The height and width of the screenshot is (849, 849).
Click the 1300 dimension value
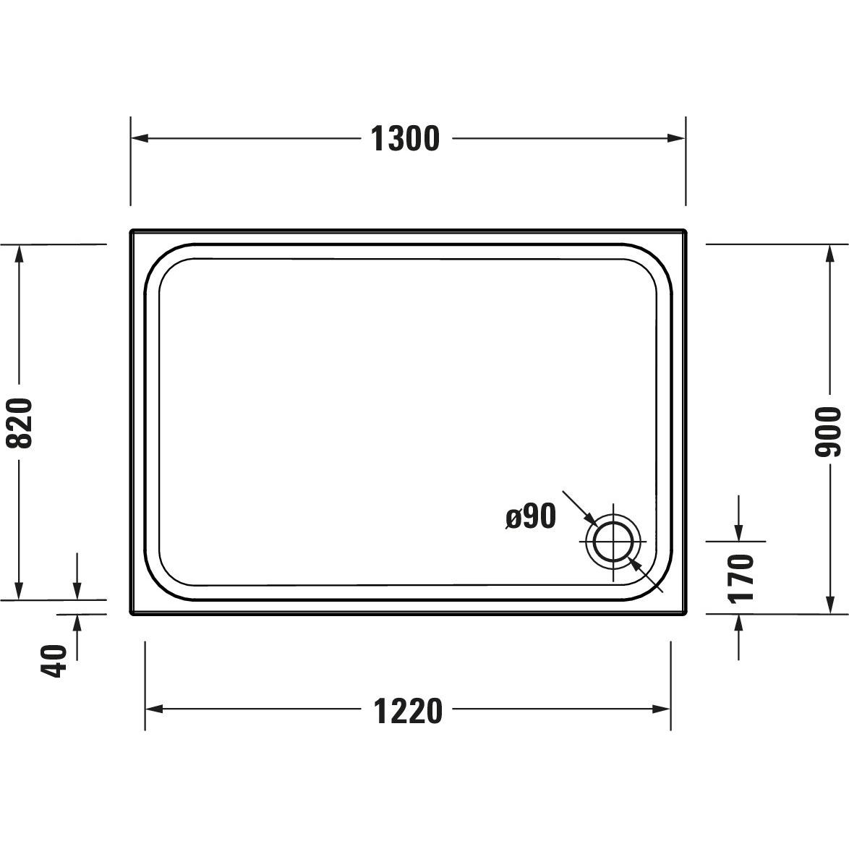(x=405, y=138)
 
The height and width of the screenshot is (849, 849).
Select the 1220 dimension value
(x=408, y=711)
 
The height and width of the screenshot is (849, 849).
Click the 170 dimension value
(x=741, y=578)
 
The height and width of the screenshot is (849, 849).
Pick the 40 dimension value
(x=54, y=660)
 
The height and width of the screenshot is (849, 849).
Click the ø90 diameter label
(x=531, y=517)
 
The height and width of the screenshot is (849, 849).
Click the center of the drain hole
(x=614, y=542)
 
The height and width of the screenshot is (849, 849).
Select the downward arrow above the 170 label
(x=738, y=531)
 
